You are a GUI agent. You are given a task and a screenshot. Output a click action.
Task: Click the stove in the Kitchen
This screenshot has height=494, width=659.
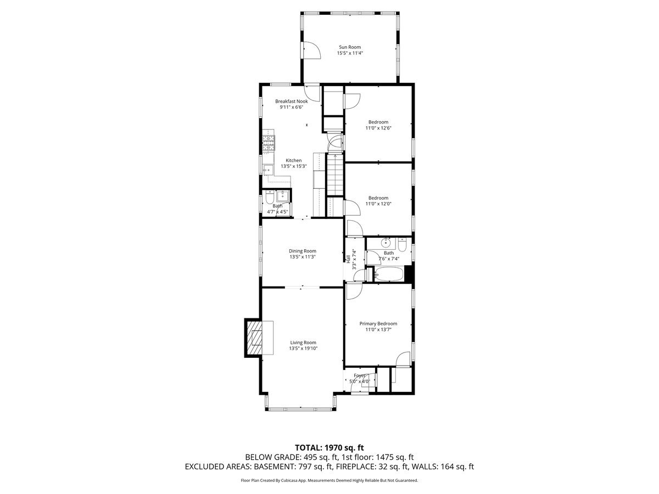click(268, 142)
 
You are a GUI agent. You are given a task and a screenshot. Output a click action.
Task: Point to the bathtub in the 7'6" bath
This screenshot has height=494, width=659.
click(389, 274)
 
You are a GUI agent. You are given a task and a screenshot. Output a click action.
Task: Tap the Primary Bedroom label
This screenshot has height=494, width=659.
click(378, 324)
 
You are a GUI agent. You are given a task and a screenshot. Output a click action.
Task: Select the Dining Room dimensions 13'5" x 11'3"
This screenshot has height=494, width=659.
click(303, 257)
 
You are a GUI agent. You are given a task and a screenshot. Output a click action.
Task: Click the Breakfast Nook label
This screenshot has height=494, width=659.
click(292, 101)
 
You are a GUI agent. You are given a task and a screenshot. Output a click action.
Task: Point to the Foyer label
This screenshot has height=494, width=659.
click(359, 375)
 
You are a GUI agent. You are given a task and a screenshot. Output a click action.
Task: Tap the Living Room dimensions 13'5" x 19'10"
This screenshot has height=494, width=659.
click(303, 349)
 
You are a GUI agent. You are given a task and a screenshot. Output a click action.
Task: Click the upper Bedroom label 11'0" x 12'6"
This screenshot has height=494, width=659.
click(378, 122)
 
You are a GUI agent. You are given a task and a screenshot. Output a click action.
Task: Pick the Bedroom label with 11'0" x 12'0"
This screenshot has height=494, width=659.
click(378, 198)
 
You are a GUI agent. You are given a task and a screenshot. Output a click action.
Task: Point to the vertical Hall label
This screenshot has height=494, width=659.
click(348, 259)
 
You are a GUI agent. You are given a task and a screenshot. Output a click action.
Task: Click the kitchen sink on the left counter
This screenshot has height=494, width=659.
click(268, 170)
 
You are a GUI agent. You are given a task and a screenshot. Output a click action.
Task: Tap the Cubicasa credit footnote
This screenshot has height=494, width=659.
click(329, 480)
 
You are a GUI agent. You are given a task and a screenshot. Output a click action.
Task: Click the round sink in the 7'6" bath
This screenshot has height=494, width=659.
click(387, 242)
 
